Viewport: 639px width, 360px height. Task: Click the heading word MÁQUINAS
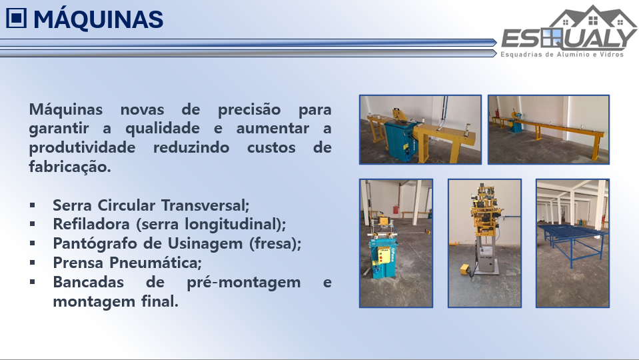click(98, 19)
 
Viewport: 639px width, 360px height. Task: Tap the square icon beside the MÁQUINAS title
click(16, 19)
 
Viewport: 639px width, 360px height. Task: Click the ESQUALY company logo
click(569, 31)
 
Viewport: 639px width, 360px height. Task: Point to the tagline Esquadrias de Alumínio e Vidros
click(562, 54)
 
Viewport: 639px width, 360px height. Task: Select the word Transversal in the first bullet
click(205, 205)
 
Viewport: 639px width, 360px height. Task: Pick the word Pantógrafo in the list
click(98, 244)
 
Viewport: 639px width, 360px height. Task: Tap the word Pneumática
click(156, 263)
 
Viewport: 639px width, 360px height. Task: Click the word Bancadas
click(89, 282)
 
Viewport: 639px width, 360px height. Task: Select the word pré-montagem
click(244, 282)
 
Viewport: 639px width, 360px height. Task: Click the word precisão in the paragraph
click(249, 110)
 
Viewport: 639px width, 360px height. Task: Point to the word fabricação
click(70, 167)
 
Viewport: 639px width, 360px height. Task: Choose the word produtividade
click(82, 147)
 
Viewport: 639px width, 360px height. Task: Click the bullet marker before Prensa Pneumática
click(33, 263)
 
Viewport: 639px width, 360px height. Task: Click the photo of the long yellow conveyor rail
click(548, 129)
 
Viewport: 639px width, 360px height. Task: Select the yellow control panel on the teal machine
click(384, 255)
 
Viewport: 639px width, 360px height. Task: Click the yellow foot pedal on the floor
click(465, 269)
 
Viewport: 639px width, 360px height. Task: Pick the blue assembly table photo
click(572, 243)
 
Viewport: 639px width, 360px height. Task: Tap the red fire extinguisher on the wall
click(395, 209)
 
